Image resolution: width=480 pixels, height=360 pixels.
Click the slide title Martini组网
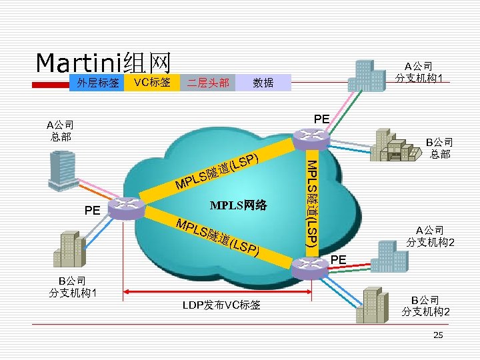[x=103, y=63]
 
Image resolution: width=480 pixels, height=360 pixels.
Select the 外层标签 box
[x=97, y=83]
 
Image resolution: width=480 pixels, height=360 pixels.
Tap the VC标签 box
[x=152, y=83]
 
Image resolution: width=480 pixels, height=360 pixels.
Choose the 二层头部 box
[x=208, y=83]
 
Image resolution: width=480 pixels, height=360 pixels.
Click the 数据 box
[x=263, y=83]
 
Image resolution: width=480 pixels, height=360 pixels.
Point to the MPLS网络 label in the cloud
[x=238, y=205]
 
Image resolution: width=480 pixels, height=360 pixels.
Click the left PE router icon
[x=124, y=209]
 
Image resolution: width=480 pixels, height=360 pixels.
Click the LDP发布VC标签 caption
[x=221, y=305]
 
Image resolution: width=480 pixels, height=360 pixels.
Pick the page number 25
[x=438, y=335]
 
